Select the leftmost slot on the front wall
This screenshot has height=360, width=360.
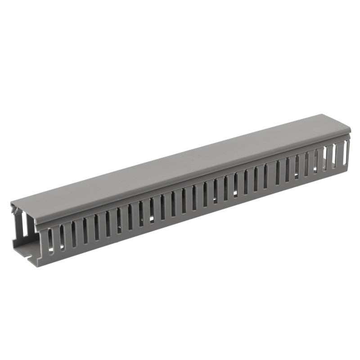click(50, 239)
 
